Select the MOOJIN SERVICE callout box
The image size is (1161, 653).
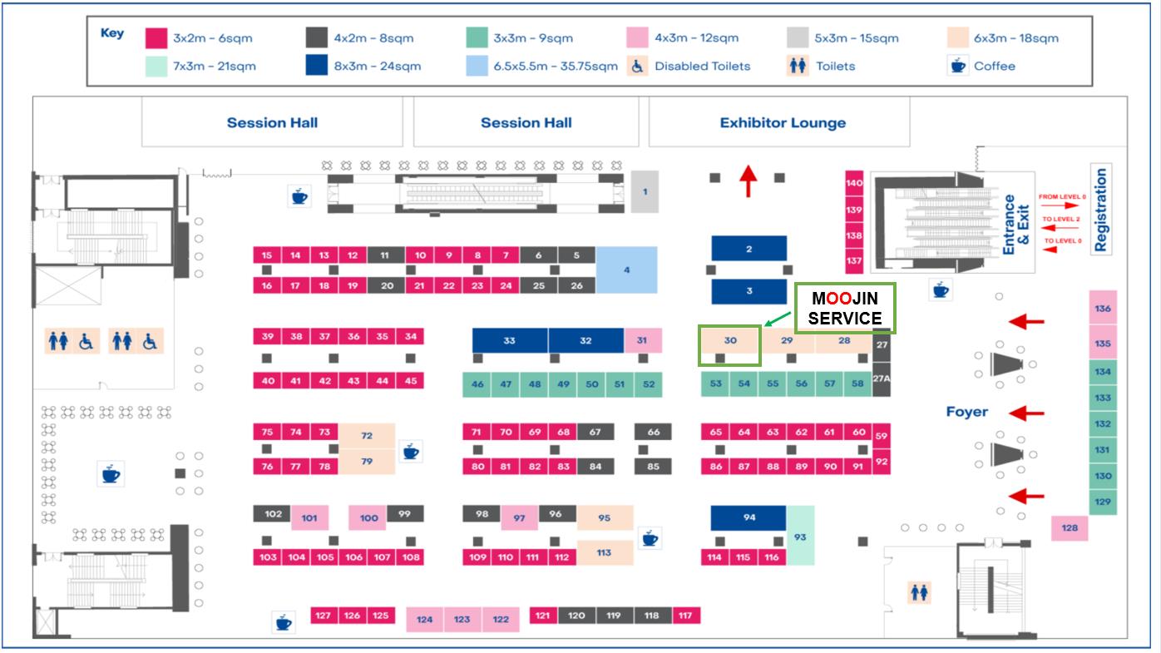click(845, 308)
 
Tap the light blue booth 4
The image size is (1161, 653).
click(626, 270)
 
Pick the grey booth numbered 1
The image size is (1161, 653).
click(645, 192)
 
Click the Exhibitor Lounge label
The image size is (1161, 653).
click(782, 123)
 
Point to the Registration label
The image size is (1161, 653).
click(1101, 210)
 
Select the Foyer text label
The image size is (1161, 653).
click(966, 412)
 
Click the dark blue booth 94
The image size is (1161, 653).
click(748, 517)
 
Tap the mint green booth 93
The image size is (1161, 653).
click(800, 536)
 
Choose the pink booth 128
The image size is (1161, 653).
click(1070, 528)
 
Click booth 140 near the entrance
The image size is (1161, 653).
click(854, 183)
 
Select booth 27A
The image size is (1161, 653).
click(882, 378)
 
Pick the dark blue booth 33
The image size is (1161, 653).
click(510, 340)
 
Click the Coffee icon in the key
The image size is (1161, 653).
click(958, 66)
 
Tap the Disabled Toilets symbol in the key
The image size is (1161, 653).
click(638, 66)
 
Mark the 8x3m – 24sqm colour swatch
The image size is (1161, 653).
click(316, 66)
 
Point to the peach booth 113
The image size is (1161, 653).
click(604, 552)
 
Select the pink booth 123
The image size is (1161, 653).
click(462, 620)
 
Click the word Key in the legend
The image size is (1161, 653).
click(112, 34)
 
